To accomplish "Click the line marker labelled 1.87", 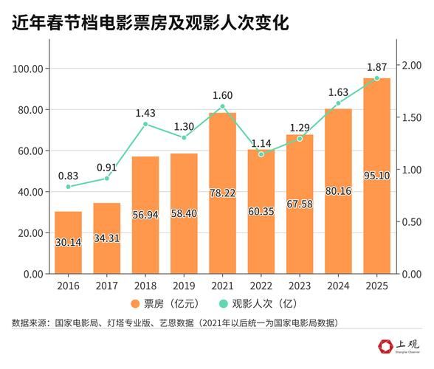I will click(376, 78).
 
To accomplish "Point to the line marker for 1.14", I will click(261, 154).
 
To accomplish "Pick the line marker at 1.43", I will click(145, 124).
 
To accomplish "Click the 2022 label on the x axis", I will click(261, 284).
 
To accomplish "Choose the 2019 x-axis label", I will click(184, 284).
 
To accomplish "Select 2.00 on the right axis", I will click(411, 66).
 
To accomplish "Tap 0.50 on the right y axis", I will click(411, 221).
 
